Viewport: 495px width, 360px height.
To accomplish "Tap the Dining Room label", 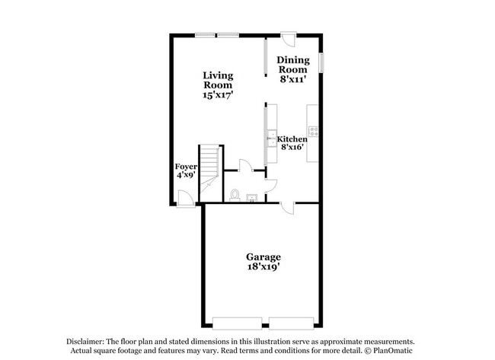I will [x=292, y=65].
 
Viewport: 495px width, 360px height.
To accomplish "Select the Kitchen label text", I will [x=292, y=139].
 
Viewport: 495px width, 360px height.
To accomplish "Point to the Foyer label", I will [x=186, y=166].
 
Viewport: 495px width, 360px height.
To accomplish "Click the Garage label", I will [x=263, y=257].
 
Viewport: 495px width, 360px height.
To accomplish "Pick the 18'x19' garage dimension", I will [x=263, y=267].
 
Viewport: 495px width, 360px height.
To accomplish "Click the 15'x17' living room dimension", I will [x=218, y=96].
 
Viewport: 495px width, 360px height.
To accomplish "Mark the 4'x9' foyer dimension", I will [x=186, y=175].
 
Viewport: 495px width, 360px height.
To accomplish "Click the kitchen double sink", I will [x=270, y=139].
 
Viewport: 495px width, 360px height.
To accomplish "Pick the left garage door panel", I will [x=237, y=318].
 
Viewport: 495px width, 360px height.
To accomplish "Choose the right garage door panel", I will [x=290, y=318].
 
